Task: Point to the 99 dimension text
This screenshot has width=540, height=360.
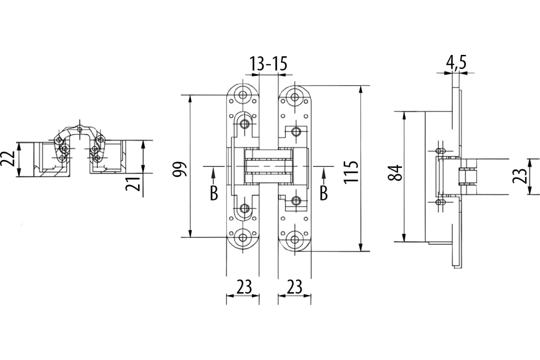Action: point(180,170)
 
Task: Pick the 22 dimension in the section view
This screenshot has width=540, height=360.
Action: point(7,159)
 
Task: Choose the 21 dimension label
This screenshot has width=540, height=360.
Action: point(133,184)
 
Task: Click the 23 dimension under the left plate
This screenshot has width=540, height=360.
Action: point(244,287)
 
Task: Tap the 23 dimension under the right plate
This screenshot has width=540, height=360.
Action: point(294,287)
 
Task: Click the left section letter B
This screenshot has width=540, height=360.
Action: point(214,193)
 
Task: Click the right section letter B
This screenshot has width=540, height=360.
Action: point(324,193)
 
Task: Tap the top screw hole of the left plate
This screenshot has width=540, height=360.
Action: point(244,95)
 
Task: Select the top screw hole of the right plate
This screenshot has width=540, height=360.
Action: point(294,97)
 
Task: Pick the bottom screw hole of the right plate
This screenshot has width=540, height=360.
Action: point(294,239)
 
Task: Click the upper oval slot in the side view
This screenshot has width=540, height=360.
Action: point(440,151)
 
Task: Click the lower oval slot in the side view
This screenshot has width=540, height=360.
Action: point(440,202)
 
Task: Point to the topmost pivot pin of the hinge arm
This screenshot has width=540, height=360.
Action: point(80,129)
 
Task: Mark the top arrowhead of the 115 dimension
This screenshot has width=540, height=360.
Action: point(360,90)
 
